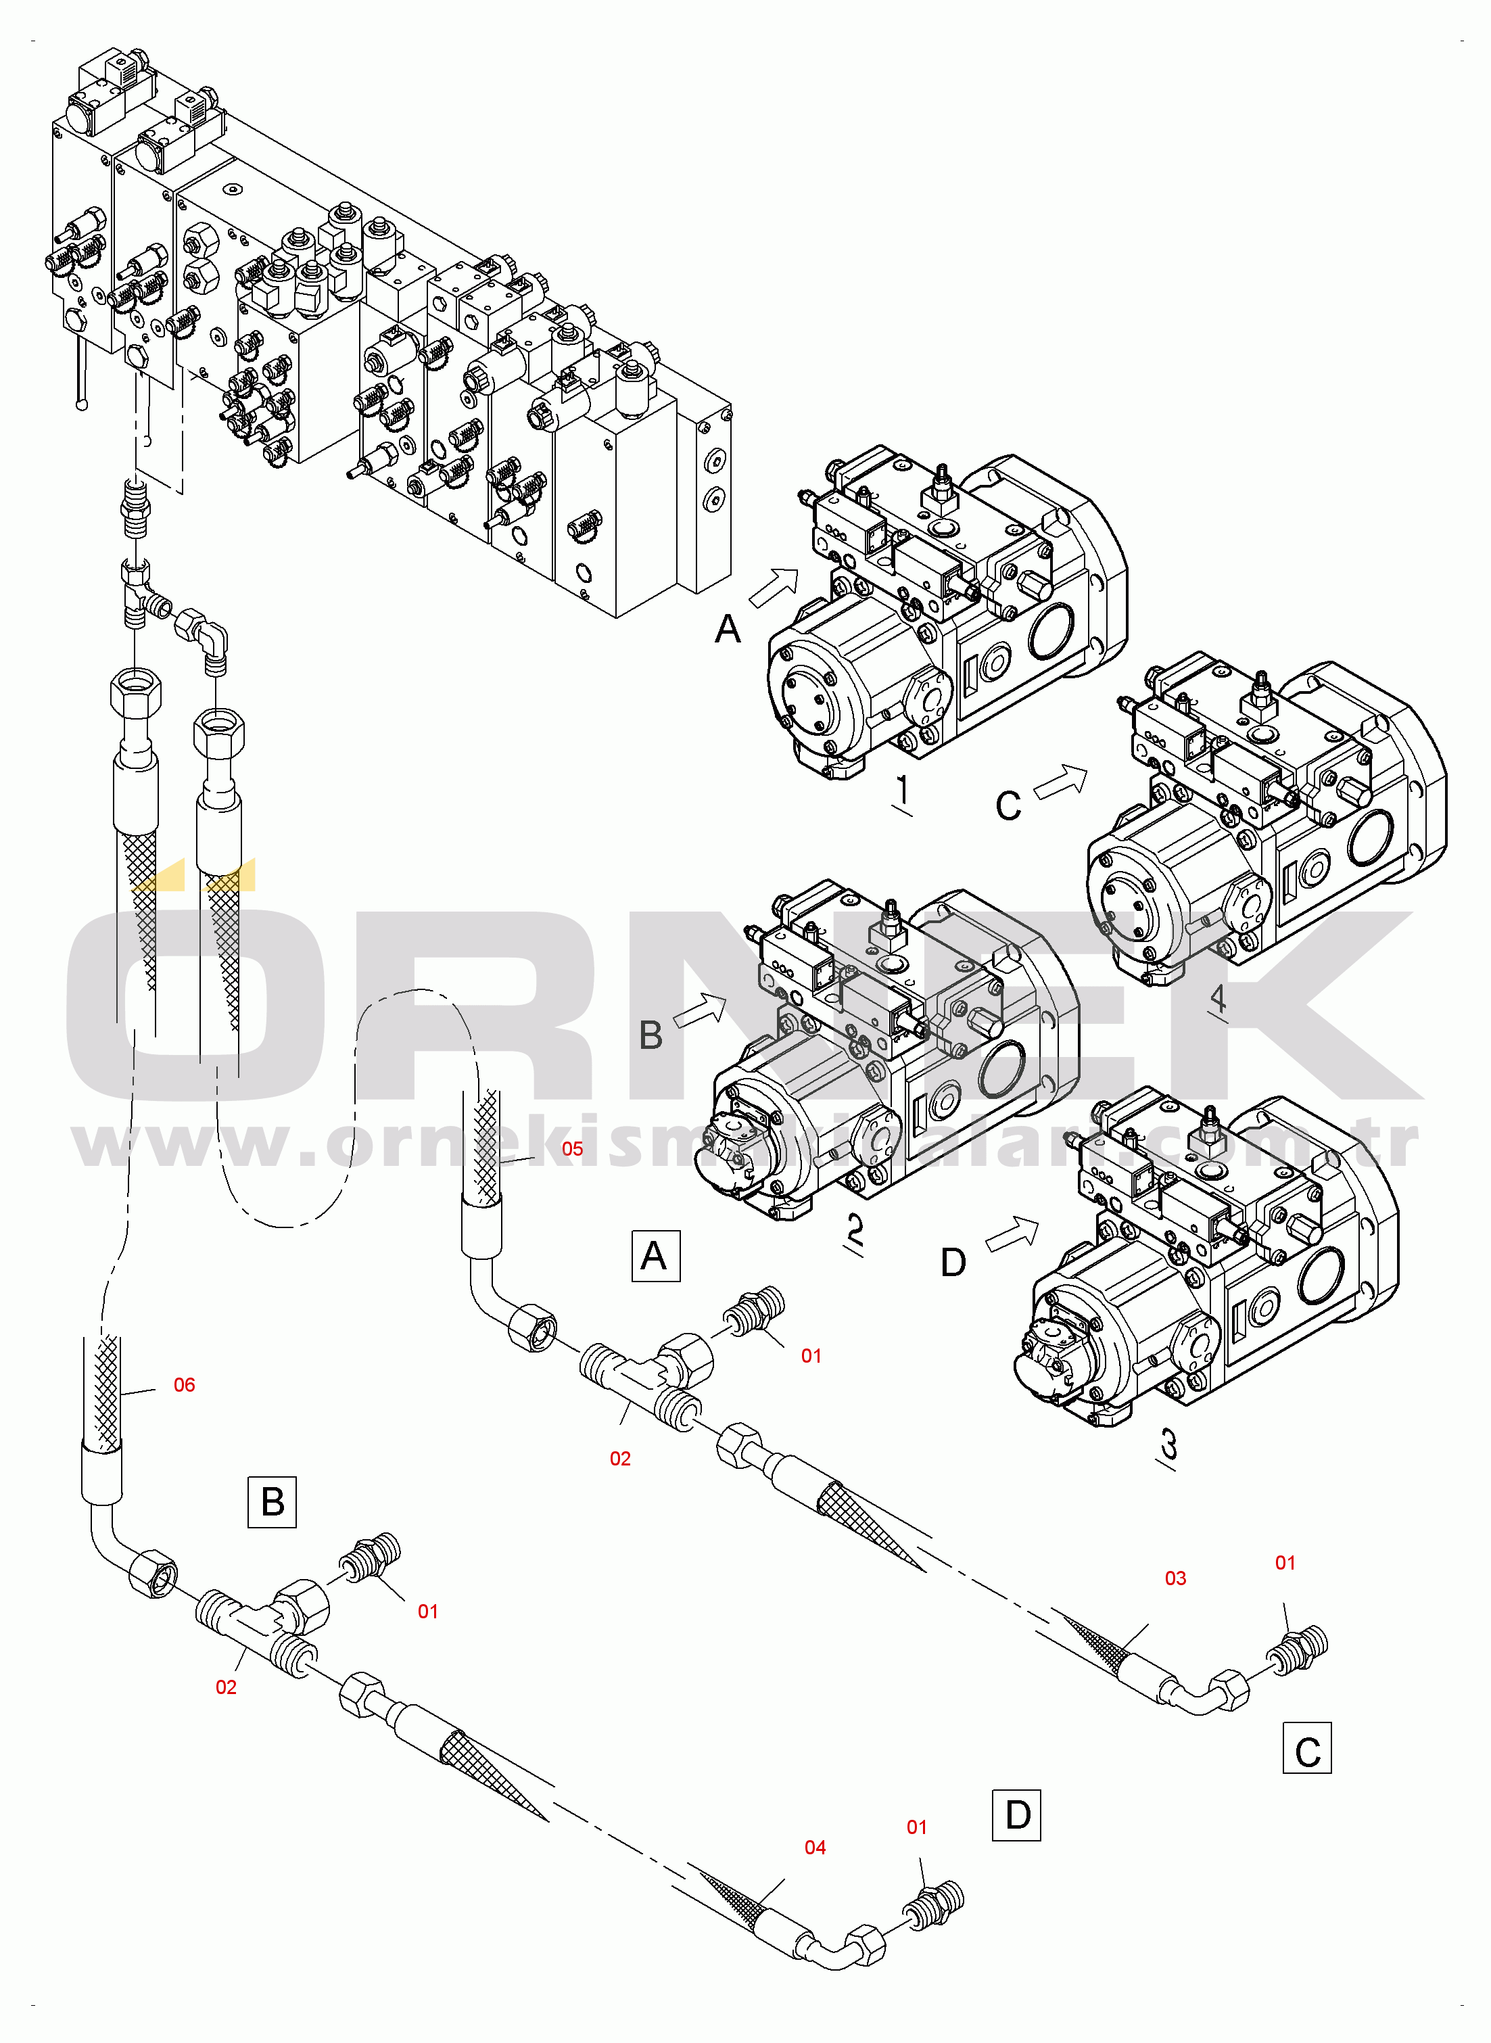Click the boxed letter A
[655, 1255]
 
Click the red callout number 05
[572, 1149]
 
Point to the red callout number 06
[184, 1385]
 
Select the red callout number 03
[1175, 1578]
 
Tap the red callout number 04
[815, 1847]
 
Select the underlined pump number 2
[854, 1231]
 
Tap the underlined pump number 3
[1168, 1446]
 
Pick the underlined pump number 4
[1218, 998]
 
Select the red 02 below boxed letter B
[226, 1687]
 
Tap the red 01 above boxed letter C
[1285, 1563]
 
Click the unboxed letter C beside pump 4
[1008, 806]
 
